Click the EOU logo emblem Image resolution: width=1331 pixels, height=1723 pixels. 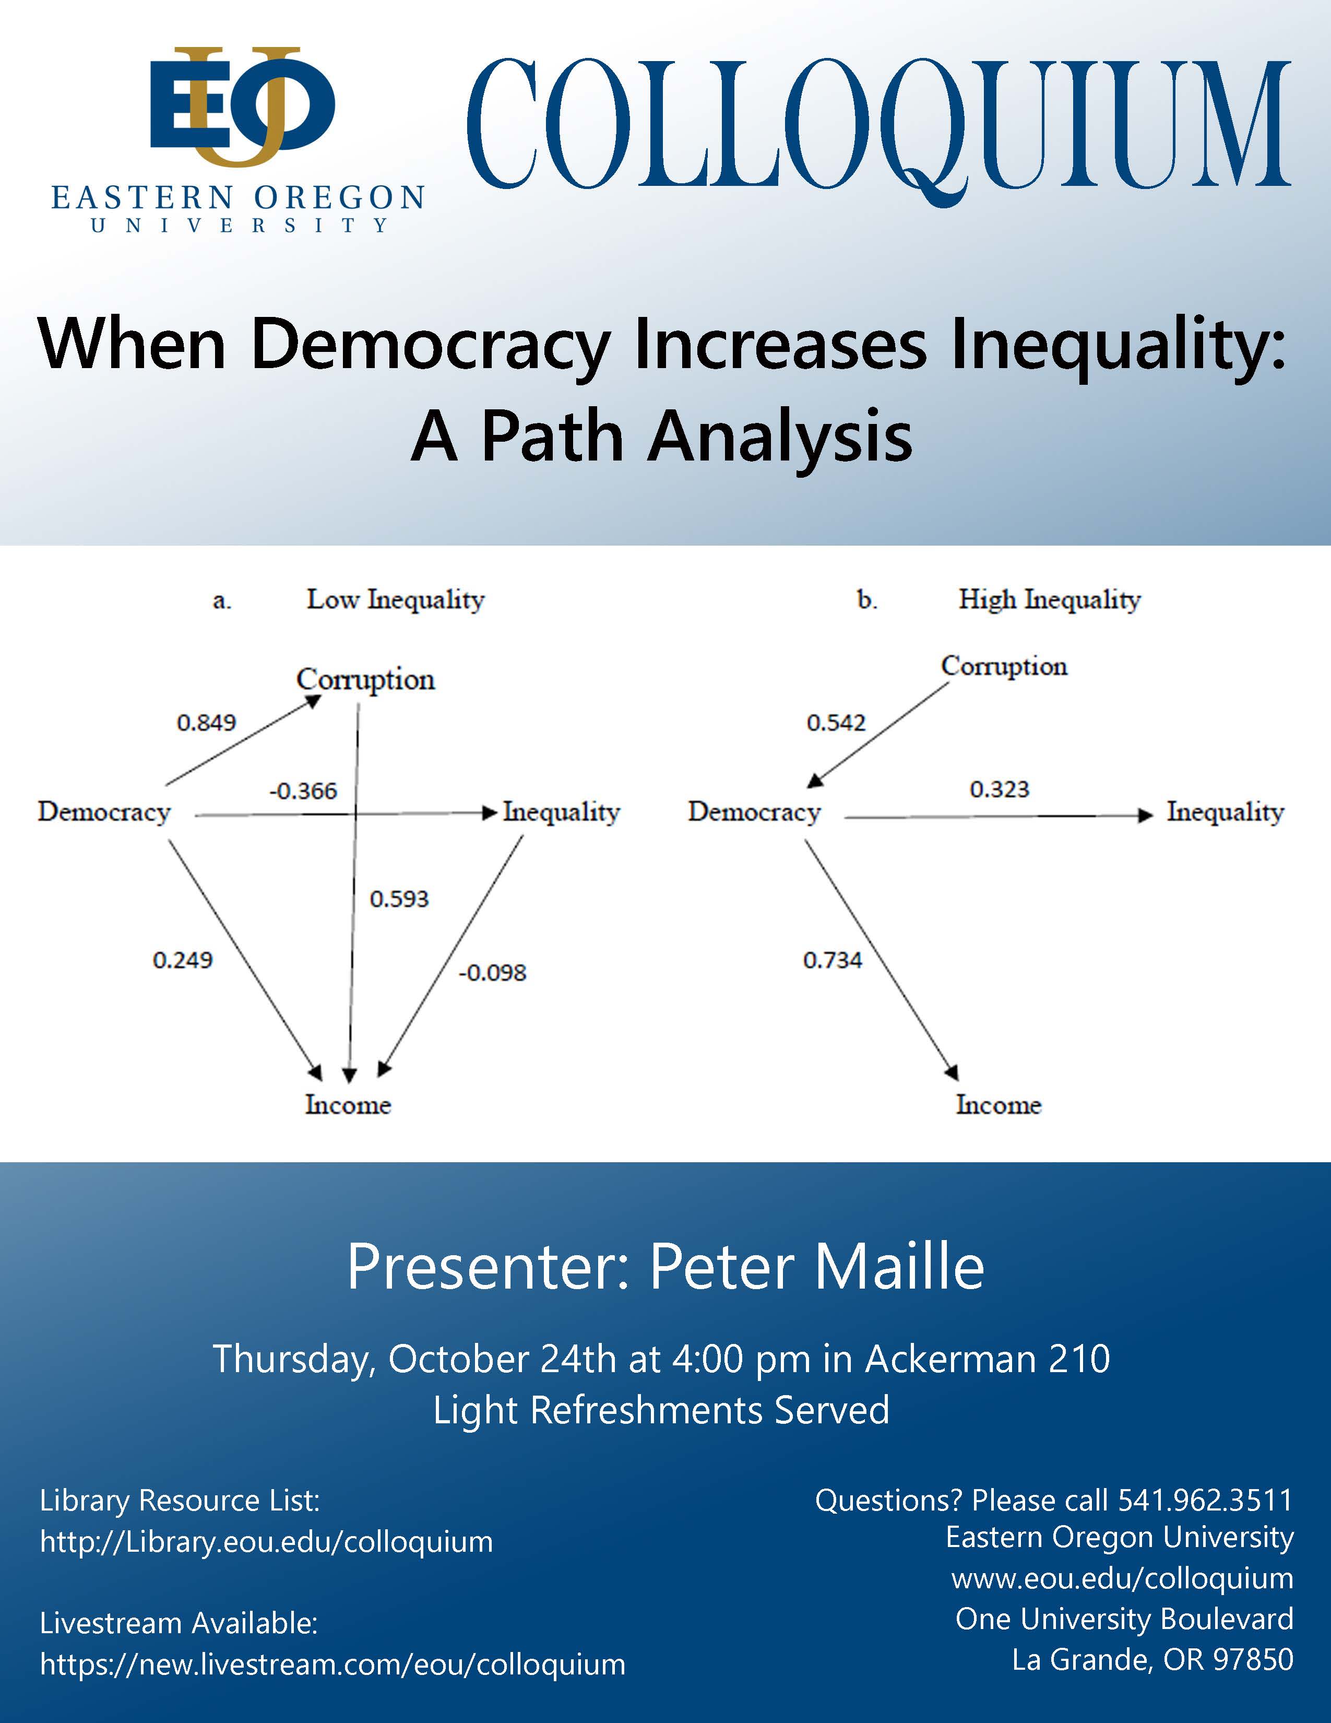point(242,107)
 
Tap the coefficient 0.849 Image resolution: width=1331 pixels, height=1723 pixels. point(207,723)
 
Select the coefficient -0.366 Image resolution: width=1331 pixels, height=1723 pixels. point(304,790)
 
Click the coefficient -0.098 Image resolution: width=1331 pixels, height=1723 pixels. point(492,973)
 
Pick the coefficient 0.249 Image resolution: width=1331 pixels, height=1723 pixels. point(183,960)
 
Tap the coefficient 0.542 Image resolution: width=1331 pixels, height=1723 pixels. point(836,723)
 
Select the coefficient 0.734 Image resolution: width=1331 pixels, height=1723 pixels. point(833,960)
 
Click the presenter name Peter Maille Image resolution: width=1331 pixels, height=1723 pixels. point(817,1267)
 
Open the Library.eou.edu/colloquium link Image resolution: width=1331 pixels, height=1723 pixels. point(267,1541)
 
